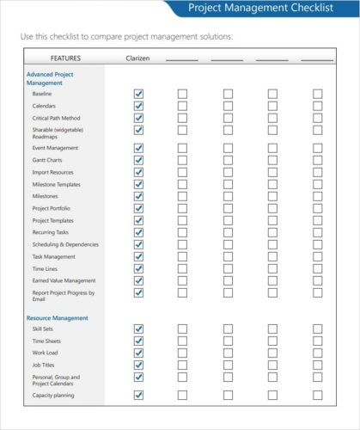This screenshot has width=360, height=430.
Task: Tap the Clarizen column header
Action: [137, 58]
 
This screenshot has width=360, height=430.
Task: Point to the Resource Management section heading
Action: [58, 317]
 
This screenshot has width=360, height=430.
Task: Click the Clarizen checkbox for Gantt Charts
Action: [138, 160]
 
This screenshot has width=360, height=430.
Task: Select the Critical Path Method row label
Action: [58, 117]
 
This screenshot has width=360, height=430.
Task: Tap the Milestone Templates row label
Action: [57, 184]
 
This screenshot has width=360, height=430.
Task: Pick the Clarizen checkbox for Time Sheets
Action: [138, 341]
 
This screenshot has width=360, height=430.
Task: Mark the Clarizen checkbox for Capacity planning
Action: [138, 396]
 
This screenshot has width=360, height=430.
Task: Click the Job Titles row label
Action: [45, 365]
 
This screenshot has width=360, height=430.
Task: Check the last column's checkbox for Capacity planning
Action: [317, 396]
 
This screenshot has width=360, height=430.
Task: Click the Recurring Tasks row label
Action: [52, 232]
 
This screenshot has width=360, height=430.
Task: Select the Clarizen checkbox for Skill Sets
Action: [138, 329]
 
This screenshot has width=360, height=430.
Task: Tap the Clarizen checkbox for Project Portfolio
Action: [138, 208]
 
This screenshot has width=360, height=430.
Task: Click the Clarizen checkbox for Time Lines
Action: [138, 268]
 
